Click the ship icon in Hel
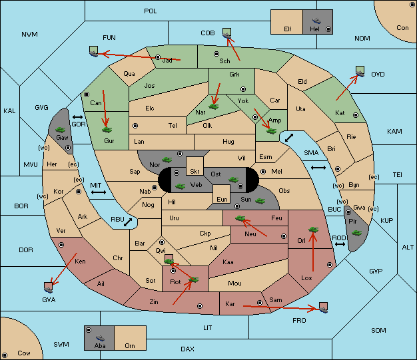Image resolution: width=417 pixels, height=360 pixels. point(316,21)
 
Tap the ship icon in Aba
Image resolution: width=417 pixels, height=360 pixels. point(100,338)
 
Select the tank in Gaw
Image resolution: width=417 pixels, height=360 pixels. point(61,130)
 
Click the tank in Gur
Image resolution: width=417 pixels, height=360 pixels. point(107,130)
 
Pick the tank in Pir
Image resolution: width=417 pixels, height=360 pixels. point(356,233)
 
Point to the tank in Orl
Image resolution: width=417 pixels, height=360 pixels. point(313,230)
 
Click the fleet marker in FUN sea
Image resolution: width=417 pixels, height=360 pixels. point(94,51)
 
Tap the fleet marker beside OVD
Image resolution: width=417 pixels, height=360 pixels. point(360,71)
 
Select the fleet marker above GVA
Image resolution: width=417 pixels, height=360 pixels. point(48,287)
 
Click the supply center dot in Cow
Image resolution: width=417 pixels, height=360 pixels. point(5,355)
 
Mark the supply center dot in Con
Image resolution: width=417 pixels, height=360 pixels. point(412,5)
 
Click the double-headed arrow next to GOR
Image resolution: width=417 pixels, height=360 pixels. point(78,117)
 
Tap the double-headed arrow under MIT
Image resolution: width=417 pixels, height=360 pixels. point(99,192)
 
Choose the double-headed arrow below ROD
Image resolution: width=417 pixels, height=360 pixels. point(340,244)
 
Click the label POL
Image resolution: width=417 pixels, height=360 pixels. point(151,11)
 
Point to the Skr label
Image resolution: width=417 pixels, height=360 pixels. point(195,172)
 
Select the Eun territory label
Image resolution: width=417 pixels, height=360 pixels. point(222,199)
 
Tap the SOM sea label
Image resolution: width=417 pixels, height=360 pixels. point(378,330)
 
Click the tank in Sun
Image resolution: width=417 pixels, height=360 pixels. point(260,201)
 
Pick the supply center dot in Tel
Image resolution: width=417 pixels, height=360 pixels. point(135,125)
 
